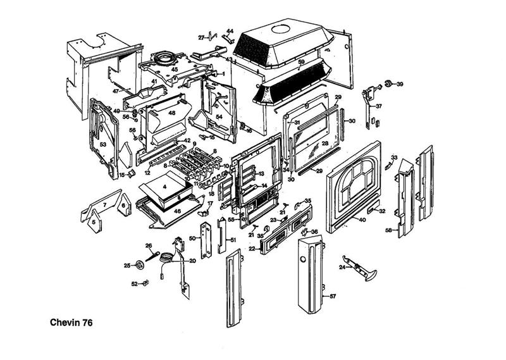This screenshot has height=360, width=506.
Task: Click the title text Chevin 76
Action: click(x=71, y=322)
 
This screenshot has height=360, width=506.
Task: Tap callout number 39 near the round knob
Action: click(x=399, y=84)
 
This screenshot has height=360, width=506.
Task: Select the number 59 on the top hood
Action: click(x=302, y=62)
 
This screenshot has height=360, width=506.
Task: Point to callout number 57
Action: click(x=333, y=295)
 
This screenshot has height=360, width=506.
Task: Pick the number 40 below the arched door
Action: click(x=362, y=220)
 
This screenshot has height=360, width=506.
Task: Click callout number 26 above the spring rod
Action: click(x=149, y=245)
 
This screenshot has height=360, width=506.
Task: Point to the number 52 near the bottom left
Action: click(x=135, y=284)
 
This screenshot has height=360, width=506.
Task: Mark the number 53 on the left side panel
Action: click(x=102, y=145)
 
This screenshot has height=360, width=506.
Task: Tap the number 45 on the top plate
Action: click(x=174, y=70)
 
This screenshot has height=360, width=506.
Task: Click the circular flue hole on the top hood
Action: click(x=279, y=28)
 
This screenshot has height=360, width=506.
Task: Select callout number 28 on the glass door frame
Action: click(x=324, y=144)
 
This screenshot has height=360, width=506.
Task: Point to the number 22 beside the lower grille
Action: click(x=251, y=249)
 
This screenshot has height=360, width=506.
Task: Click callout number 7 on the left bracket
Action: click(x=104, y=206)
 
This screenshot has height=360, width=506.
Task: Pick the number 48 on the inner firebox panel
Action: click(x=171, y=113)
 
